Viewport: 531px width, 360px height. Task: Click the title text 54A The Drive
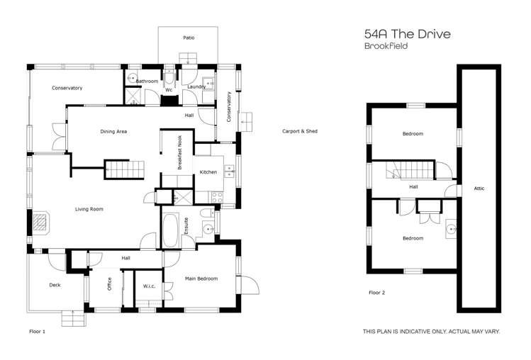coord(407,34)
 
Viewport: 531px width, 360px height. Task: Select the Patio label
coord(189,38)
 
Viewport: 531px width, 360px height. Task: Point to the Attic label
coord(479,189)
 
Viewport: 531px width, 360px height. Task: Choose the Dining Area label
coord(113,131)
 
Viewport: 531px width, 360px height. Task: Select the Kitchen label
coord(208,172)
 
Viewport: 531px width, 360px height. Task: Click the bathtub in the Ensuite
coord(172,231)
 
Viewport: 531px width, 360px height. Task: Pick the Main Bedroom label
coord(201,279)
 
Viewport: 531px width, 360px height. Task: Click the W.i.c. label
coord(149,286)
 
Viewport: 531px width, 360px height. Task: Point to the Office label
coord(110,284)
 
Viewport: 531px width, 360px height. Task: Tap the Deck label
coord(55,286)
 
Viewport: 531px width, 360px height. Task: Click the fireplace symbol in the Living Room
coord(41,223)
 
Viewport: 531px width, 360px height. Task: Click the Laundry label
coord(196,87)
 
